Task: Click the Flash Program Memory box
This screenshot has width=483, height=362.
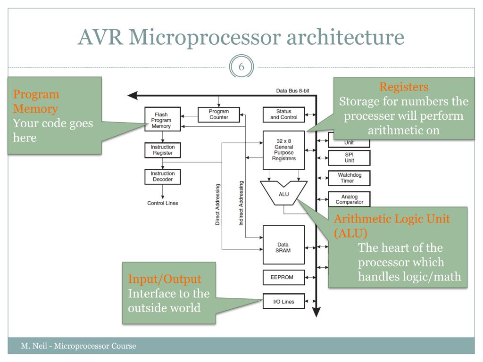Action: (x=162, y=120)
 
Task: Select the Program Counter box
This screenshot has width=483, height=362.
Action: (x=219, y=114)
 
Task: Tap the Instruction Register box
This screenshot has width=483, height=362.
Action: (x=162, y=150)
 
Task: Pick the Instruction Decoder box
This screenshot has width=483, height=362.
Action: (x=162, y=176)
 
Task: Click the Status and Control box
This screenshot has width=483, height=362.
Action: (x=283, y=115)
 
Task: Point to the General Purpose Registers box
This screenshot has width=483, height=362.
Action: (x=283, y=150)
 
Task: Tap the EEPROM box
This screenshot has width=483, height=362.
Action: (x=283, y=277)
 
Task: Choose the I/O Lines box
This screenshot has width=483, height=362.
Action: (x=283, y=300)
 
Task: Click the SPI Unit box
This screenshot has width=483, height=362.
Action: (x=349, y=157)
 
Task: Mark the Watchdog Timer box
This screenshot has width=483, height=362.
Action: (x=349, y=178)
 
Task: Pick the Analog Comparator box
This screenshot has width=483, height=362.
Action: (x=349, y=199)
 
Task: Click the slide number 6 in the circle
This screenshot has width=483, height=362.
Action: (x=241, y=66)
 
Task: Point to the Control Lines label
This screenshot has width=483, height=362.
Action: (x=163, y=204)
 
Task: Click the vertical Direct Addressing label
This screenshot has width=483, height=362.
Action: (x=217, y=204)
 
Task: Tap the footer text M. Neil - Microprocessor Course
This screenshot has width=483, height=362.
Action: (x=78, y=346)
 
